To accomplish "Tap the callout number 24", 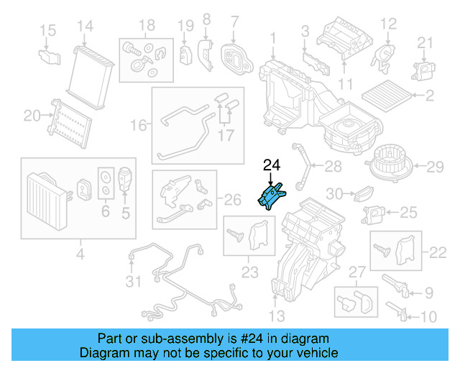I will pos(271,165).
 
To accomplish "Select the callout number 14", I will pos(85,27).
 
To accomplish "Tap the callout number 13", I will pos(277,316).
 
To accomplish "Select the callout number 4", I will pos(80,253).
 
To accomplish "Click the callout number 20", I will pos(32,114).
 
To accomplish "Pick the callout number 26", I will pos(234,198).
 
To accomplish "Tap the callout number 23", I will pos(249,272).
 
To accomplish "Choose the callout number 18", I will pos(147,27).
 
